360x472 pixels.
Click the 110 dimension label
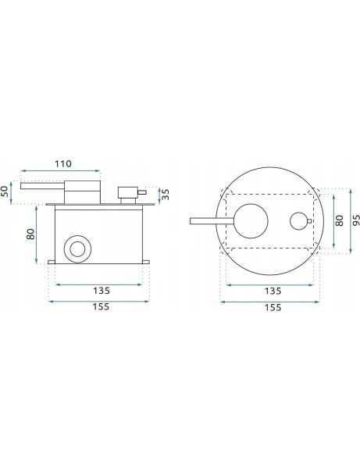63,164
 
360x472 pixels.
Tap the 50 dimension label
5,191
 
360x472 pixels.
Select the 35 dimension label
166,195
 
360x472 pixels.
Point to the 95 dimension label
355,220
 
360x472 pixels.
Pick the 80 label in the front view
339,220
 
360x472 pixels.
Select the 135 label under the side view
102,291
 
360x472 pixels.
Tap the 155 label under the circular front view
273,307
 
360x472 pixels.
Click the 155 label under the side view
101,307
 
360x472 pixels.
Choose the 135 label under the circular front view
273,291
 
